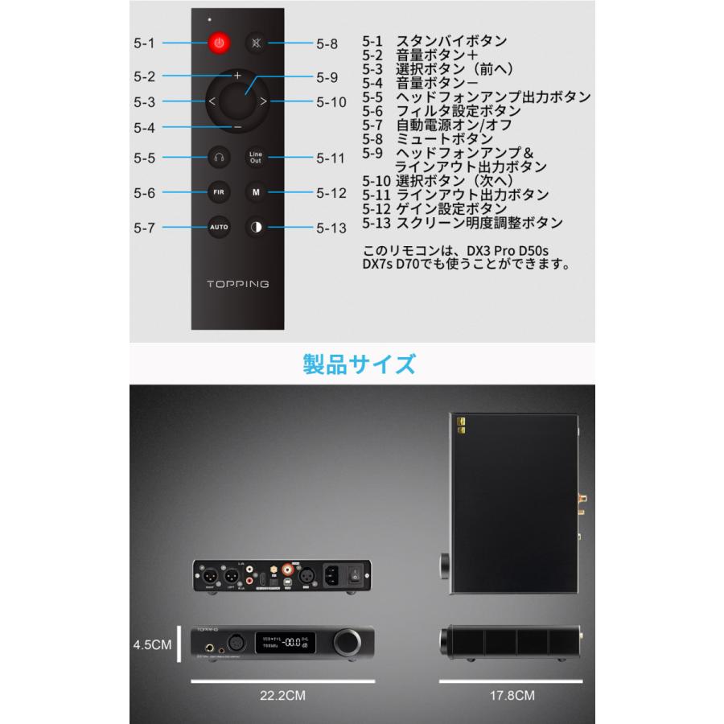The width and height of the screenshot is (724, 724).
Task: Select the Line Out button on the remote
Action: (256, 158)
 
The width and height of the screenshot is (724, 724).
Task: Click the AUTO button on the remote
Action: (219, 227)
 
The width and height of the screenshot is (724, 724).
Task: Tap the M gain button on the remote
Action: (256, 192)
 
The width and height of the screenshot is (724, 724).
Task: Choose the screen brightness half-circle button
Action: (256, 227)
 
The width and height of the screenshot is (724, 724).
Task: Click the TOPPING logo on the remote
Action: (237, 283)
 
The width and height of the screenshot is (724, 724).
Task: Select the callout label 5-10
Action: (331, 102)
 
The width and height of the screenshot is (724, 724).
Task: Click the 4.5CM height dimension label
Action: (153, 644)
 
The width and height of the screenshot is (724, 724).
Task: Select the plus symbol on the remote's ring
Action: (237, 75)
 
